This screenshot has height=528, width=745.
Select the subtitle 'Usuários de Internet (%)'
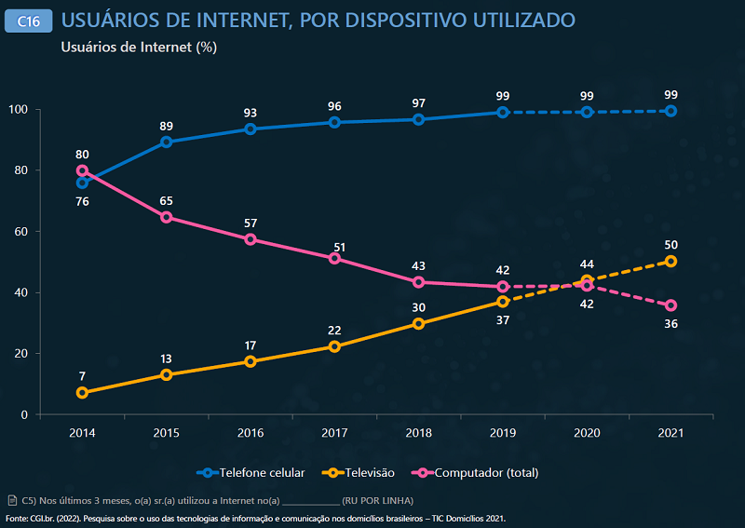139,47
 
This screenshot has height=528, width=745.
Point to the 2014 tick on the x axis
82,433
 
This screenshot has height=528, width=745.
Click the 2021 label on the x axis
670,433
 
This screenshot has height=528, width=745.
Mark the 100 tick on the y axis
20,110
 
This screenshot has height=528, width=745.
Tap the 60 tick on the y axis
22,232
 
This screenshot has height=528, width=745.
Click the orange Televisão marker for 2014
82,393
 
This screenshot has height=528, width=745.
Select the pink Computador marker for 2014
82,170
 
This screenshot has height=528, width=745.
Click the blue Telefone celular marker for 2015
166,142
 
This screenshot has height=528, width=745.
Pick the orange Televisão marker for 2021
670,262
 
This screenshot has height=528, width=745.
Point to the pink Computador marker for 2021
670,305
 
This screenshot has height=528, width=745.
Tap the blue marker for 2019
502,112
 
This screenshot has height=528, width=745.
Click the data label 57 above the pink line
251,223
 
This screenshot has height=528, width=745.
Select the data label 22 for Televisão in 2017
334,331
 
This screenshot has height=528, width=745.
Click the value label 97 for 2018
418,102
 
